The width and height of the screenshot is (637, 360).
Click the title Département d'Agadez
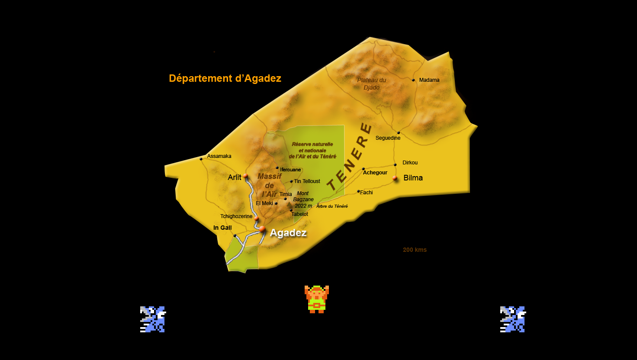[x=225, y=78]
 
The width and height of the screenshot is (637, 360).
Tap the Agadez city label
[x=288, y=233]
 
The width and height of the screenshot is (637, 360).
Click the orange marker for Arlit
[x=245, y=176]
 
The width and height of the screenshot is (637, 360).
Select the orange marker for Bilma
[x=395, y=178]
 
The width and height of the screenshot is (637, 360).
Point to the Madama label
[x=429, y=80]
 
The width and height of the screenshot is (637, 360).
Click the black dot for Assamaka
[x=201, y=159]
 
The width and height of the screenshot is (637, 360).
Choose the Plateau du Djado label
[x=371, y=84]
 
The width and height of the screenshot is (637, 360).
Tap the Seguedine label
[x=388, y=138]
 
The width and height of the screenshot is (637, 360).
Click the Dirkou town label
[x=410, y=163]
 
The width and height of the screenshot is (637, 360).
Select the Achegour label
[x=375, y=173]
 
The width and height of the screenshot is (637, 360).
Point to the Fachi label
[x=366, y=193]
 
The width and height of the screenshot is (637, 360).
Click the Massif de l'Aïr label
[x=269, y=185]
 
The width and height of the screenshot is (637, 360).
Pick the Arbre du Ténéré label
[x=332, y=206]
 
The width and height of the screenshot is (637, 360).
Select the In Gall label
[x=222, y=228]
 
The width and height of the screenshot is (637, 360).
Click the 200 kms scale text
[x=415, y=250]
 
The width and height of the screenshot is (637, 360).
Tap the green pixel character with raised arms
[x=317, y=299]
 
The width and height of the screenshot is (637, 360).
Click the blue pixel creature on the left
[x=153, y=319]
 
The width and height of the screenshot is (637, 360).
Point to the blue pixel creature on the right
[x=513, y=319]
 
